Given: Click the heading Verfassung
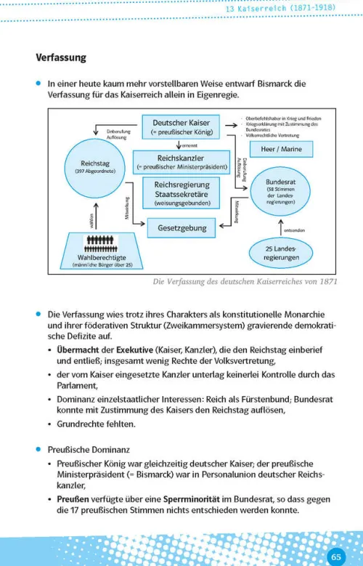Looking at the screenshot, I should point(61,57).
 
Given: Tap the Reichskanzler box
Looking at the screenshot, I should point(180,163).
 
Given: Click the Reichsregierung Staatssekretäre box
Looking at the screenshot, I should point(182,194).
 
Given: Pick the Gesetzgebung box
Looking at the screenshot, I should point(182,227).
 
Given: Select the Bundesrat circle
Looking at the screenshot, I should point(280,193).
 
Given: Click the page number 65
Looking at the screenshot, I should point(336,557).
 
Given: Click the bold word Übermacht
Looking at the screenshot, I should point(78,349).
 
